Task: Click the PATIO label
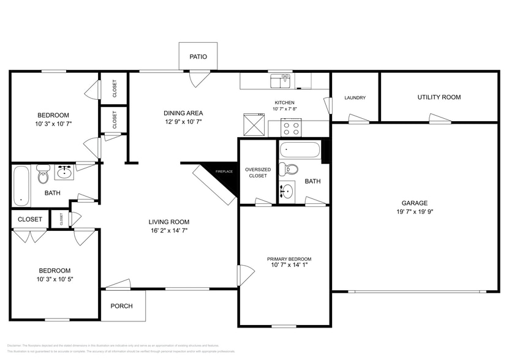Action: (x=198, y=57)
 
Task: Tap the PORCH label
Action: (x=121, y=306)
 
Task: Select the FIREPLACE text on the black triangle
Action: (x=224, y=171)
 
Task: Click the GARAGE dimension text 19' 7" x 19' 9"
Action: (x=415, y=211)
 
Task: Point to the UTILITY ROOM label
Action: (x=439, y=97)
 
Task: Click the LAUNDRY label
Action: (x=355, y=98)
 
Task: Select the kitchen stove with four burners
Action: (x=291, y=128)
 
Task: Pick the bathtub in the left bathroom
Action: (x=21, y=185)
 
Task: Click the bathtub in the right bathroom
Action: (x=300, y=149)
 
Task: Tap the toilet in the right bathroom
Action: (x=291, y=169)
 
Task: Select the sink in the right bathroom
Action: (x=286, y=190)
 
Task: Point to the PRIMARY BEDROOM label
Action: (x=288, y=259)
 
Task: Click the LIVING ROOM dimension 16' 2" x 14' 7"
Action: (x=168, y=231)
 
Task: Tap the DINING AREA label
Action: (x=183, y=113)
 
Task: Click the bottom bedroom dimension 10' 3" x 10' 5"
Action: (x=55, y=279)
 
